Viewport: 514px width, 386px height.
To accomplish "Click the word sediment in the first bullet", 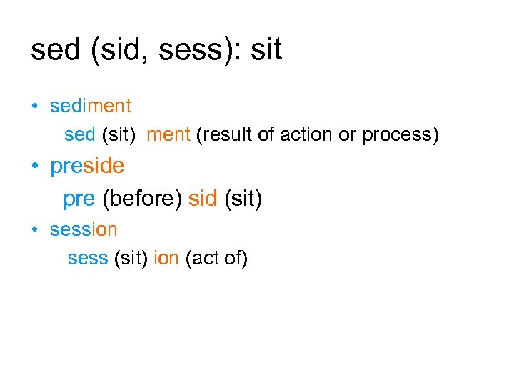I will [91, 106].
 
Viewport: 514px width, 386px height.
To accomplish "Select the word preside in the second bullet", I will [87, 167].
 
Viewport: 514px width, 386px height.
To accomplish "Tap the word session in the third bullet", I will [84, 229].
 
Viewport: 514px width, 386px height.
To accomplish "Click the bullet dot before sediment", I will [34, 107].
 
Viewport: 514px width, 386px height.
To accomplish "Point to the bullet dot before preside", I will [34, 168].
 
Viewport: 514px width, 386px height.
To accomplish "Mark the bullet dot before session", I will [34, 230].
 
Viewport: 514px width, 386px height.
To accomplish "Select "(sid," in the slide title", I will [116, 51].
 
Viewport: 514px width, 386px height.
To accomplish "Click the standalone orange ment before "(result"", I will [168, 135].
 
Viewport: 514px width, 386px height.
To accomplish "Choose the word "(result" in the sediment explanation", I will [219, 135].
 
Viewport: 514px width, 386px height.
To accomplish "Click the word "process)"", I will [400, 135].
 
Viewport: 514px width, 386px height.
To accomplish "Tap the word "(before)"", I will [143, 199].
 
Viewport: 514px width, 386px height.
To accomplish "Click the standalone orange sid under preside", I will [203, 199].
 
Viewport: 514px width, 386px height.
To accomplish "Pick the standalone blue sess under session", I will [88, 258].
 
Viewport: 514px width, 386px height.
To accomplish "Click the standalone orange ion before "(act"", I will [166, 258].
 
